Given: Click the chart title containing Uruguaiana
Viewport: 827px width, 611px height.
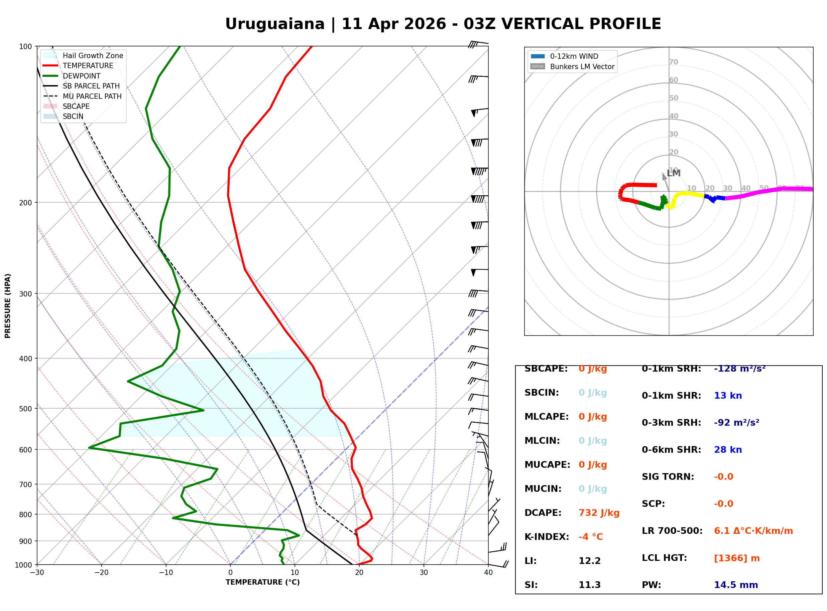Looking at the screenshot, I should tap(443, 24).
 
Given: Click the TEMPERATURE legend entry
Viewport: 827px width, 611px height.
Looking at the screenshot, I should tap(88, 66).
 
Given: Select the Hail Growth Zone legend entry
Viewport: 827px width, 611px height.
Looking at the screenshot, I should tap(93, 56).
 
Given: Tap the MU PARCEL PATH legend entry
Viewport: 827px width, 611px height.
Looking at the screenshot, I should tap(92, 96).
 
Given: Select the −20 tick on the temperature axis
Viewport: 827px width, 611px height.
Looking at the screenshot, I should tap(101, 573).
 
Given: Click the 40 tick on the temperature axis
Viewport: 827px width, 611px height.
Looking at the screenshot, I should tap(488, 573).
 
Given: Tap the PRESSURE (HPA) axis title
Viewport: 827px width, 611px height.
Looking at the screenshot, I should tap(8, 306).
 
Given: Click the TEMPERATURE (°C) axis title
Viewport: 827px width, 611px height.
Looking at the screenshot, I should tap(262, 583).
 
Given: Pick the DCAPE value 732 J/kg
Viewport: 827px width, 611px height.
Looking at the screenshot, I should tap(599, 513).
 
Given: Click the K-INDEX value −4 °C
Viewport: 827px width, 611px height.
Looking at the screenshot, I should tap(590, 537).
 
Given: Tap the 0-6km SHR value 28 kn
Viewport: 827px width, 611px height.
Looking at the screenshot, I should tap(727, 450).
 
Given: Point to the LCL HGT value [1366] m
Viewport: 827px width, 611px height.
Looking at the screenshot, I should tap(736, 558).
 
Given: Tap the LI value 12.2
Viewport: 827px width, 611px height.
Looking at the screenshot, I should tap(589, 561).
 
